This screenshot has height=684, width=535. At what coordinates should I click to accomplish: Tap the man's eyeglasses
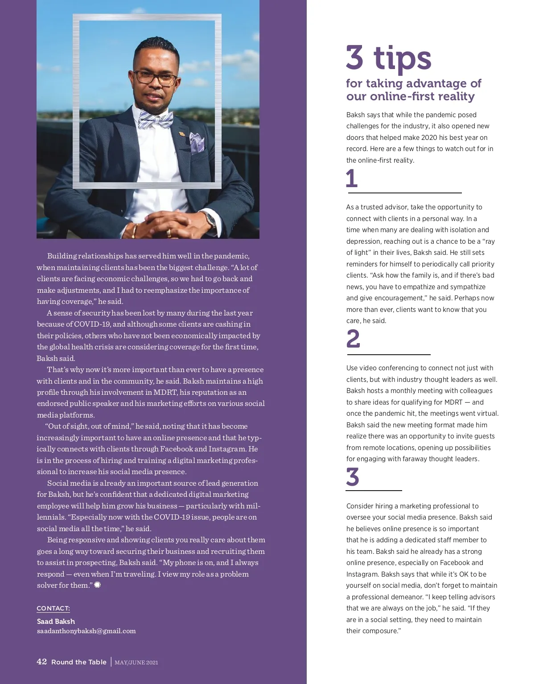[155, 78]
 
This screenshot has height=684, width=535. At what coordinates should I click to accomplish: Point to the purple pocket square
[197, 143]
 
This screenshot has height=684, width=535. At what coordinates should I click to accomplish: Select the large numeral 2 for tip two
[353, 339]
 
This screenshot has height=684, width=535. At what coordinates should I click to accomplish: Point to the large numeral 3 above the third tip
[353, 477]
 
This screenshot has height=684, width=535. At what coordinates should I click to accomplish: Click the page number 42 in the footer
[41, 662]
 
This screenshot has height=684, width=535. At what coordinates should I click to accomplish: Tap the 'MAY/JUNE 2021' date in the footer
[136, 663]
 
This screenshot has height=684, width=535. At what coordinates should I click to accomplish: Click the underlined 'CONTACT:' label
[53, 609]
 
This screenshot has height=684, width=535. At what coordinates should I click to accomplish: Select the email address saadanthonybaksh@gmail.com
[86, 631]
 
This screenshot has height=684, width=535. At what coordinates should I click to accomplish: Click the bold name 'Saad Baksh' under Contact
[56, 621]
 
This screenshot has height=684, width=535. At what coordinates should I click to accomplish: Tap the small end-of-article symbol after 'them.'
[98, 585]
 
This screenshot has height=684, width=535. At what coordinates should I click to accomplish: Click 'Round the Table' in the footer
[79, 662]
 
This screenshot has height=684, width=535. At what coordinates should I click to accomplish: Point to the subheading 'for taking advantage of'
[413, 83]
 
